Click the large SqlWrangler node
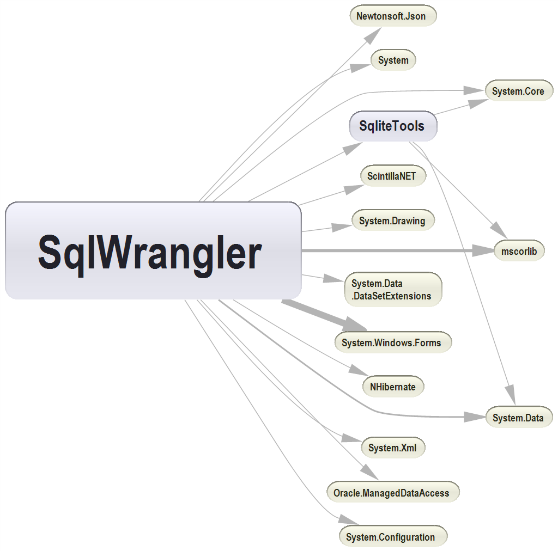coord(153,250)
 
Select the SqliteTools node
coord(392,126)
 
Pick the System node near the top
coord(393,60)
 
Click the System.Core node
coord(518,91)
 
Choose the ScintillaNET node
coord(392,176)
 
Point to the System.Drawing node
coord(392,221)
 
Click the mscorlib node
coord(519,251)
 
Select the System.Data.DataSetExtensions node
coord(392,290)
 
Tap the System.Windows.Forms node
coord(392,342)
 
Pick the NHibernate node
coord(392,387)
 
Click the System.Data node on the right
coord(518,418)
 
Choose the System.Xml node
coord(392,448)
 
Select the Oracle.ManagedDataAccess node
coord(392,492)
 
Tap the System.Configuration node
coord(392,537)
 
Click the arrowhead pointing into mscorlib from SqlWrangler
coord(483,250)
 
